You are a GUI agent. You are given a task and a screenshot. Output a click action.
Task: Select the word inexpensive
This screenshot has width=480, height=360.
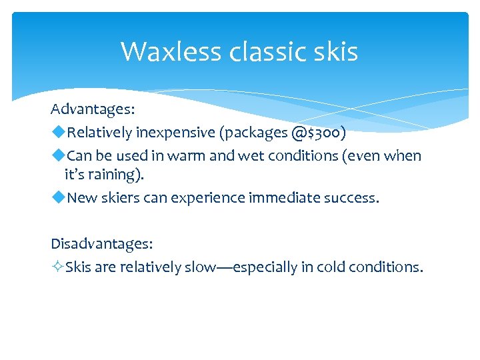coord(176,133)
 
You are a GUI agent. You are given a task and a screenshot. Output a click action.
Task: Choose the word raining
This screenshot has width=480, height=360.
coord(118,175)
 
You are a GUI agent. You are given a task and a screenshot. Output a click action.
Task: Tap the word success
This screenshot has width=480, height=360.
coord(352,197)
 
